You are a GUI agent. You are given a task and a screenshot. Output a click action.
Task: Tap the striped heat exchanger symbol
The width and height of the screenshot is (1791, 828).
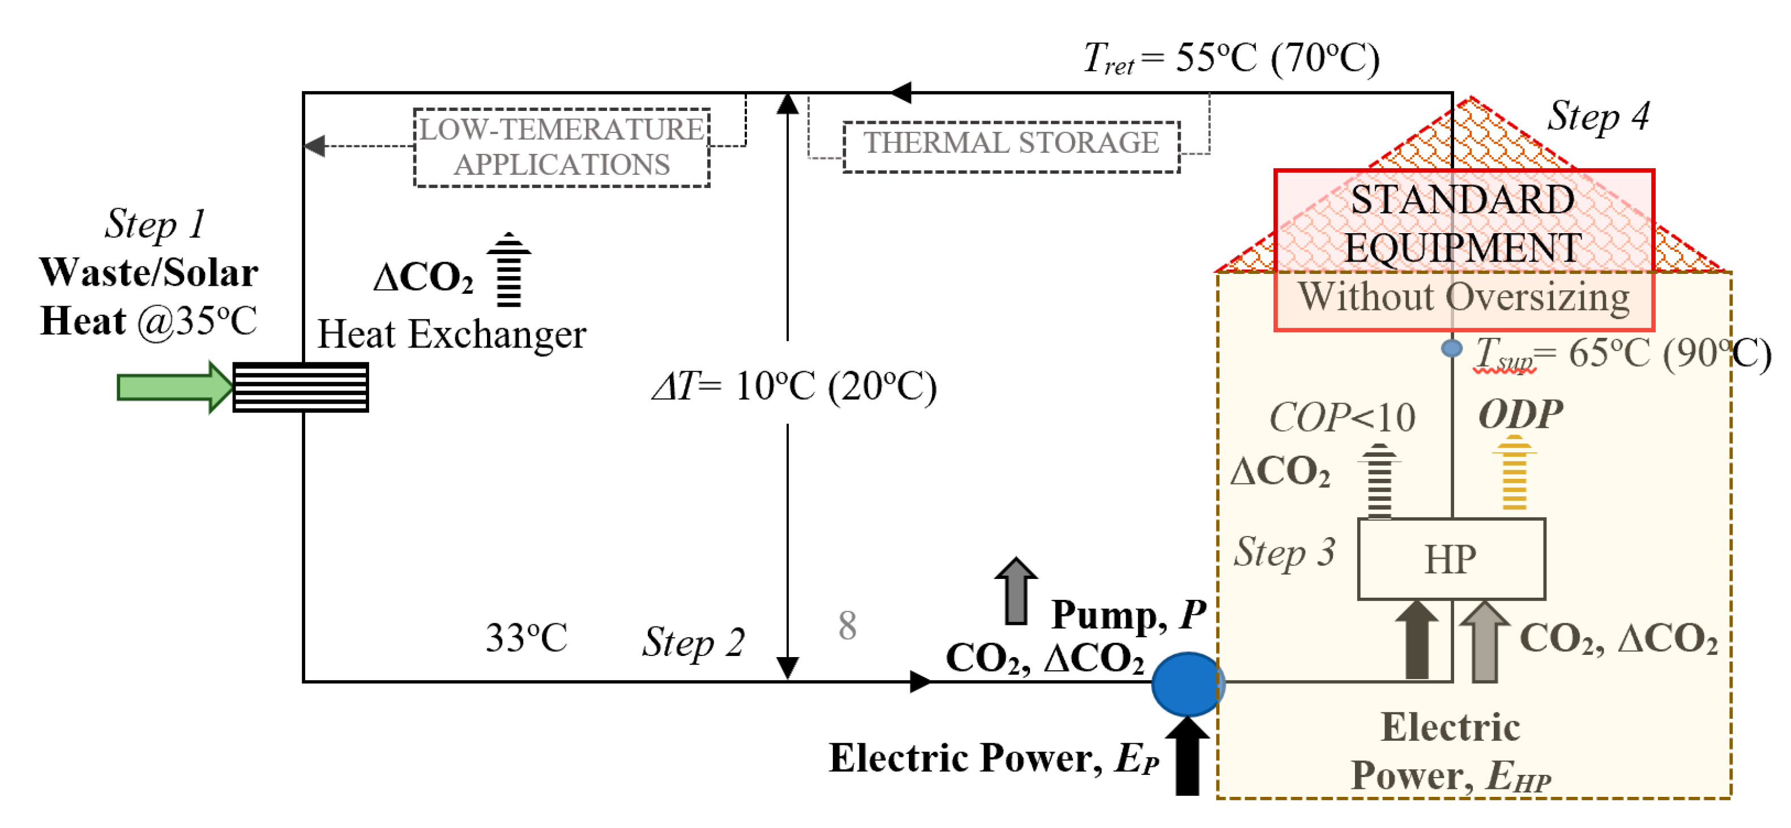[x=300, y=387]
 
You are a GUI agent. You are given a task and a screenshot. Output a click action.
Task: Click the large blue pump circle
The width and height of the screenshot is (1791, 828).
[x=1187, y=684]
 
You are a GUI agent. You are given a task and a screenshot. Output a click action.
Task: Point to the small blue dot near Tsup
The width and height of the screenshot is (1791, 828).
[x=1451, y=347]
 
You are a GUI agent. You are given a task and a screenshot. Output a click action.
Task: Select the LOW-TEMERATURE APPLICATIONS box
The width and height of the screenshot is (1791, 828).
[x=562, y=147]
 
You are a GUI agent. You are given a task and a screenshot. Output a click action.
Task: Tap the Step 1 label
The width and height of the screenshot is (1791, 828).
[x=155, y=224]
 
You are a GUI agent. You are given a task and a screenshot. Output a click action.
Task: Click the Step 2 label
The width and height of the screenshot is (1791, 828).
[x=693, y=641]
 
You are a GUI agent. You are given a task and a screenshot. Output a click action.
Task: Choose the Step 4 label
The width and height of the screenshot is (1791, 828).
[x=1598, y=116]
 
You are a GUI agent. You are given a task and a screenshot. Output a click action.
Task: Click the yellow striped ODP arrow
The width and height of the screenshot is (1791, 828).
[x=1514, y=473]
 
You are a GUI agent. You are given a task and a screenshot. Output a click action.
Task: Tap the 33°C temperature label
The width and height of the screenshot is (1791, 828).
[x=526, y=637]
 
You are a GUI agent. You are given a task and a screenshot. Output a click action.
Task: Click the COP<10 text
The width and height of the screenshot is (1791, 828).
[x=1342, y=418]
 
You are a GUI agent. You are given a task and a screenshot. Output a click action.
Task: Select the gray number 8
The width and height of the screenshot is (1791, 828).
[x=847, y=626]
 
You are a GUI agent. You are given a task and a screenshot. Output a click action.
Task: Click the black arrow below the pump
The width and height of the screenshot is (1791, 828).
[x=1187, y=756]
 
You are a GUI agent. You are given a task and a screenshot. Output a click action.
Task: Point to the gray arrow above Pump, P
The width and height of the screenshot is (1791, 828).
[x=1016, y=591]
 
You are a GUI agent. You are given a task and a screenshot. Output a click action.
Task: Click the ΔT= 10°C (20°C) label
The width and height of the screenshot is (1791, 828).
[x=794, y=386]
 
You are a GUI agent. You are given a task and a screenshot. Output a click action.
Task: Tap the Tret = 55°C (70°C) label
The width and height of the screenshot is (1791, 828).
[x=1230, y=58]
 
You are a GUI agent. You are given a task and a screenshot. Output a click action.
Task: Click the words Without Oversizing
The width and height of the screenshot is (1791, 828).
[x=1464, y=298]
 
